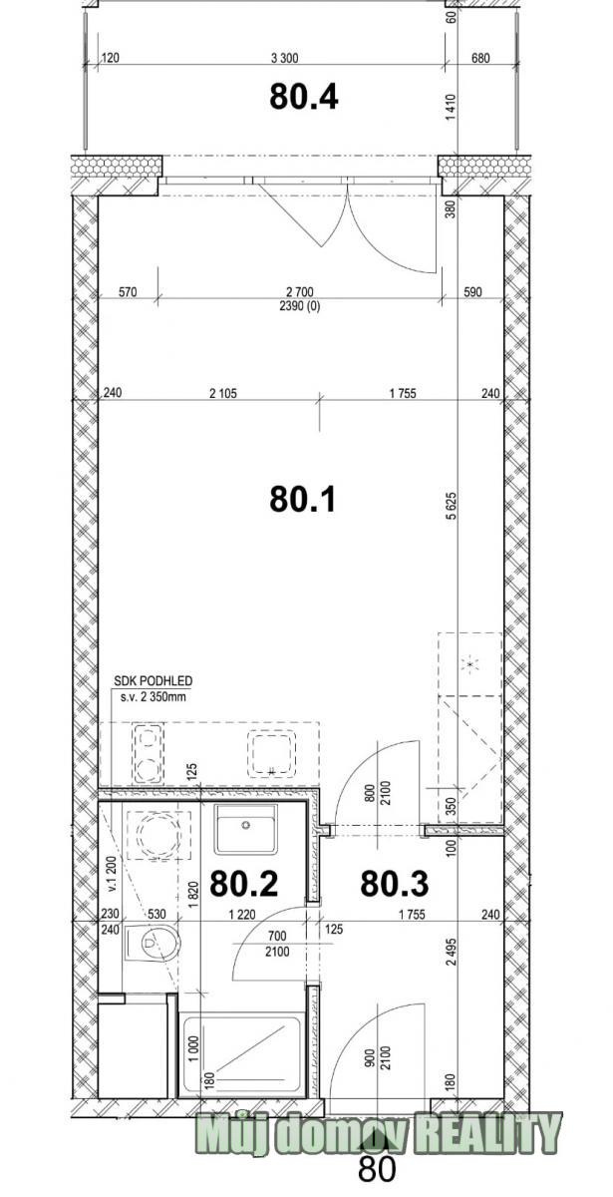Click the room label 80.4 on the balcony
point(303,97)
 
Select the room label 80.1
point(302,499)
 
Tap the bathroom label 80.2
point(243,883)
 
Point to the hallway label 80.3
point(394,883)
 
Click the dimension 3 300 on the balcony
point(285,58)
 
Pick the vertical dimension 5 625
point(452,506)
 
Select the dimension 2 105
point(223,394)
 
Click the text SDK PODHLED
point(153,681)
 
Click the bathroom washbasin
point(245,829)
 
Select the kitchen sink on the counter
point(271,753)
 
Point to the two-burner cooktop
point(148,754)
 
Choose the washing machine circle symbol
point(157,835)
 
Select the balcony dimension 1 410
point(452,107)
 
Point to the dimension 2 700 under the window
point(300,291)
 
